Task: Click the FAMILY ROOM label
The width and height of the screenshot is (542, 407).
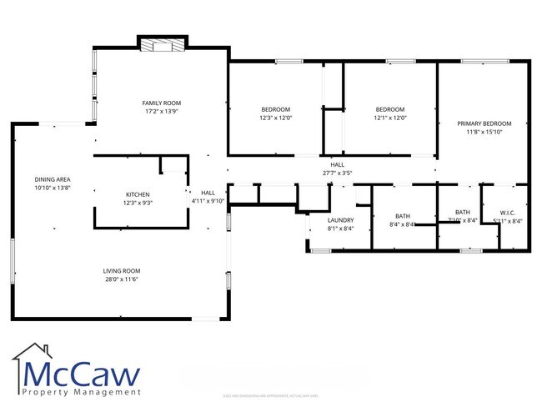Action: click(162, 102)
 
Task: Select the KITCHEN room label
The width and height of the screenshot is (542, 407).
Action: click(138, 194)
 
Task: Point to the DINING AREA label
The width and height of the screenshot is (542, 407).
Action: click(51, 179)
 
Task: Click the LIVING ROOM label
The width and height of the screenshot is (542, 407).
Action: click(121, 271)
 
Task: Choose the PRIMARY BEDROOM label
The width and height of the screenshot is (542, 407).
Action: click(484, 123)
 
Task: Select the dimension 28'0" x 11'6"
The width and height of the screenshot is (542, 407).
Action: click(121, 279)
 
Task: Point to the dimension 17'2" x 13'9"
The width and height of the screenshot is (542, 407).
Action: click(162, 110)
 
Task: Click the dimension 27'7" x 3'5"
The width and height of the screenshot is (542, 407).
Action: click(337, 173)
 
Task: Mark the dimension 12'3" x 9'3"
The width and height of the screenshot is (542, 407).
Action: click(138, 203)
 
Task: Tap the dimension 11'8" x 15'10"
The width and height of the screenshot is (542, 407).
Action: click(484, 132)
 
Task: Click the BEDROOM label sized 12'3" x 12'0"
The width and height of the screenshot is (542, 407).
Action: click(275, 109)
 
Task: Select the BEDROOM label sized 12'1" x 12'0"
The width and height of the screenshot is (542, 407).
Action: click(389, 109)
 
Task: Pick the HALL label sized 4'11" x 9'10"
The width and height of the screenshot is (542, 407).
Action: click(208, 193)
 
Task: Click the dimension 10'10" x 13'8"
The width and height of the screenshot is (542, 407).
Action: click(51, 188)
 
